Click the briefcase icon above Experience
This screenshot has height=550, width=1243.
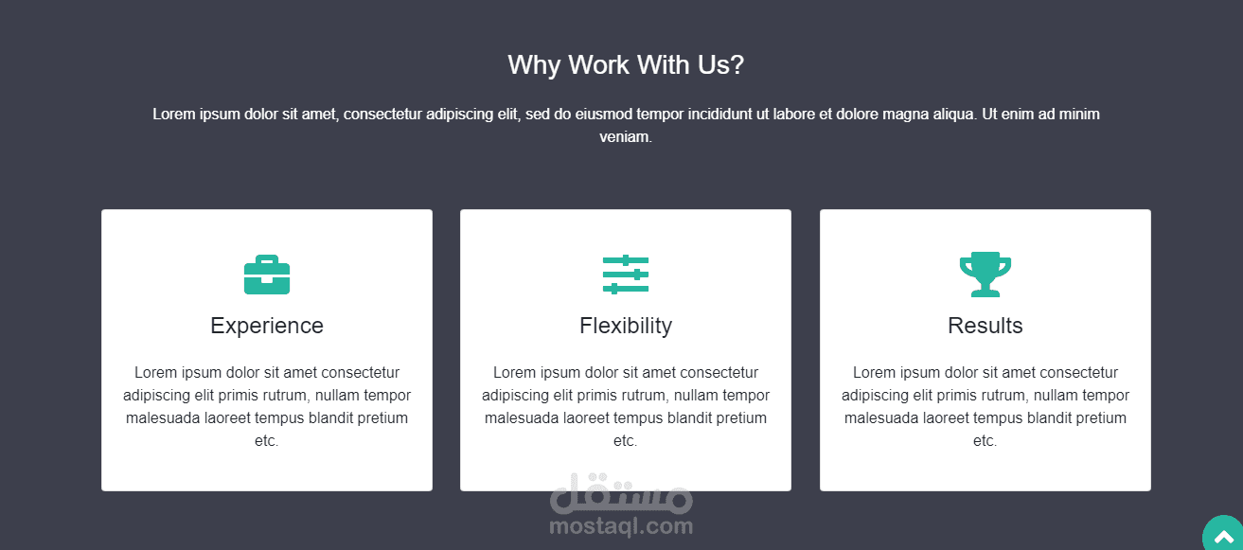267,275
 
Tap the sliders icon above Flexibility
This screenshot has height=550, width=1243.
626,275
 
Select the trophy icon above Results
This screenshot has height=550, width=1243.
985,275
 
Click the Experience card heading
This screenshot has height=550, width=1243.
267,326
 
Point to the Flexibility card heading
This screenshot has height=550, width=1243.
626,326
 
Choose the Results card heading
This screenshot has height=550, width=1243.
985,326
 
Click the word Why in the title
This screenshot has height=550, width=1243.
533,65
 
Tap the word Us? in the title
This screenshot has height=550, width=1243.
720,65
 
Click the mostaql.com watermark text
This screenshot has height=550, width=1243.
621,525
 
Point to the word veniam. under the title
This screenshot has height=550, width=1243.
626,136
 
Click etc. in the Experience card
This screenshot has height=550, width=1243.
266,441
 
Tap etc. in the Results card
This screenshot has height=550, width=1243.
985,441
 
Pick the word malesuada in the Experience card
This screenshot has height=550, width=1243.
163,417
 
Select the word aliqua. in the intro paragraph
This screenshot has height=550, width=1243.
954,115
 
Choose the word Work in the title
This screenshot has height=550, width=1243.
598,65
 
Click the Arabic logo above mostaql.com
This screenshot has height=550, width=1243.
621,493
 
